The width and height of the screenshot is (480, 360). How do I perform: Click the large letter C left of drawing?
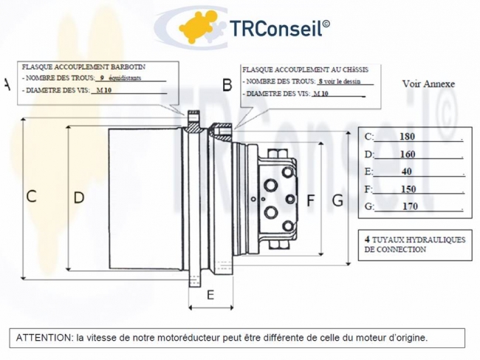(x=31, y=197)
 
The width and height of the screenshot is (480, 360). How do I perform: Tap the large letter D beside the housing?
(x=78, y=197)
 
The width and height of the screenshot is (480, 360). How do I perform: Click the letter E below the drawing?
(x=210, y=295)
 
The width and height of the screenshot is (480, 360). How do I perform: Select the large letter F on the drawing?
(x=310, y=200)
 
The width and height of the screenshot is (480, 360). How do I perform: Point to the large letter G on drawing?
(x=337, y=200)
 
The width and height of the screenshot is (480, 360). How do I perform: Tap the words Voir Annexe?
(x=428, y=84)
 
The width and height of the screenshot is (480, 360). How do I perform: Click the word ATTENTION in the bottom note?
(x=44, y=338)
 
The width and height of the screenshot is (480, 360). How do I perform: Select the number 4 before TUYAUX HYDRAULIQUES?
(x=368, y=240)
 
